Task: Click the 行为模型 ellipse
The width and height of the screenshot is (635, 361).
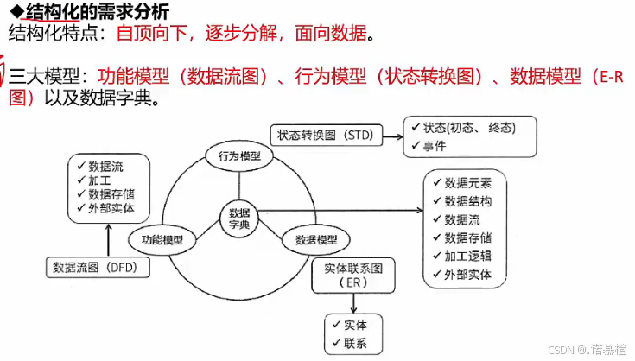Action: (x=239, y=156)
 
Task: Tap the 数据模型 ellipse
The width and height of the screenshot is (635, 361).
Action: (x=316, y=239)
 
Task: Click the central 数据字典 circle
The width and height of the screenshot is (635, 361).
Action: (x=239, y=218)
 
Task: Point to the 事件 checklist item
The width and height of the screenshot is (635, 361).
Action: (x=435, y=146)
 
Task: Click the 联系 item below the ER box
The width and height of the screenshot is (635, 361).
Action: (x=355, y=344)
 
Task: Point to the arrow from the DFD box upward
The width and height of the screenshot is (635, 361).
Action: (x=108, y=239)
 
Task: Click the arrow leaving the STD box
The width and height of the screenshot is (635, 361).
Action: (x=391, y=135)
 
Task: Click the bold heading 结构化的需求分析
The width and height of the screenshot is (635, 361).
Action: (x=95, y=11)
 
